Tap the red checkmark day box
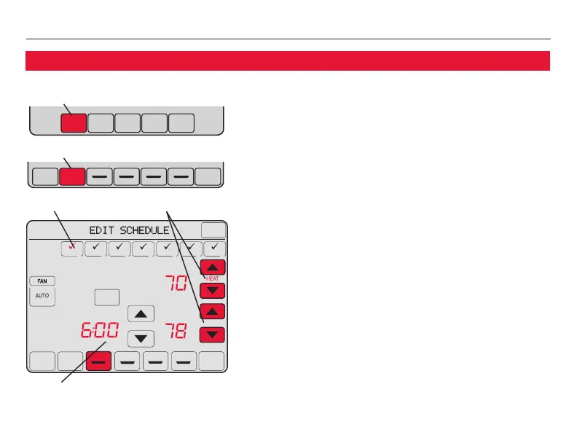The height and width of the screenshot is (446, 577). pos(71,249)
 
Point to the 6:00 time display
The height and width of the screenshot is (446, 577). pos(97,335)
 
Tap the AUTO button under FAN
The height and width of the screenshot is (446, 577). pos(42,297)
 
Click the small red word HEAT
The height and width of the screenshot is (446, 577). pos(212,278)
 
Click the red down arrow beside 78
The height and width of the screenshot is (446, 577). pos(212,334)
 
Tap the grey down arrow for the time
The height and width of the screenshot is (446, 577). pos(141,338)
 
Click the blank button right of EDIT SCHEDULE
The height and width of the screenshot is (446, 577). pos(213,230)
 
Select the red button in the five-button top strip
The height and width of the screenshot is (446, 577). pos(73,122)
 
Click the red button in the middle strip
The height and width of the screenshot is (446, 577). pos(72,176)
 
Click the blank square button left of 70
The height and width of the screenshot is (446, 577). pos(106,297)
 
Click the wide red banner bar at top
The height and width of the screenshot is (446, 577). pos(287,60)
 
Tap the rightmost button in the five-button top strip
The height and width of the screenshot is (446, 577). pos(181,122)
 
